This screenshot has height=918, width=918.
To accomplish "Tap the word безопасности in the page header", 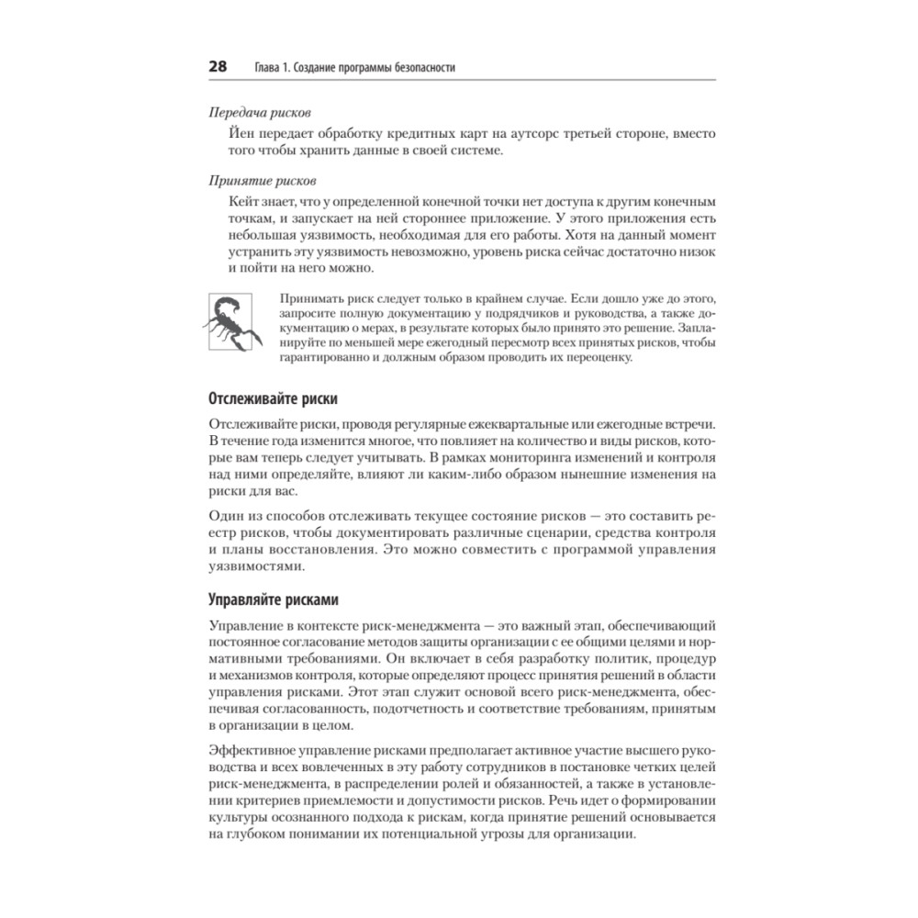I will click(x=418, y=68).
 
